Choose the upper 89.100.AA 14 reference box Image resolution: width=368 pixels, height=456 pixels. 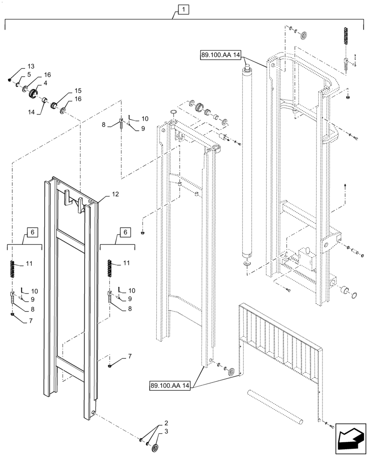coord(220,55)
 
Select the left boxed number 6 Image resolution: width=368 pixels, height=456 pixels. coord(31,232)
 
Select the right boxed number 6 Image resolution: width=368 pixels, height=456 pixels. coord(124,232)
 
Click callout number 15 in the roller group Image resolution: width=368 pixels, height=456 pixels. coord(78,90)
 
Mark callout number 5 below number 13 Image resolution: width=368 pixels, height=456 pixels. coord(29,74)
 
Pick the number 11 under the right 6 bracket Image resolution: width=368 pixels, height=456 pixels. coord(126,264)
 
